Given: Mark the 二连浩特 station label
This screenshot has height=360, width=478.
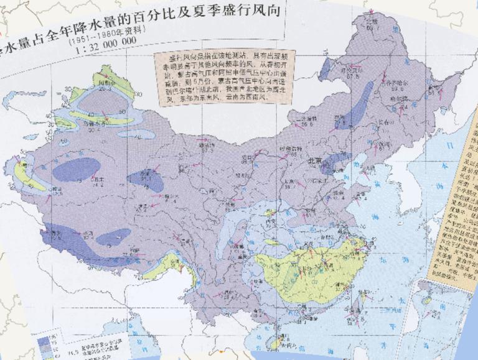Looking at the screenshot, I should tap(306, 118).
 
